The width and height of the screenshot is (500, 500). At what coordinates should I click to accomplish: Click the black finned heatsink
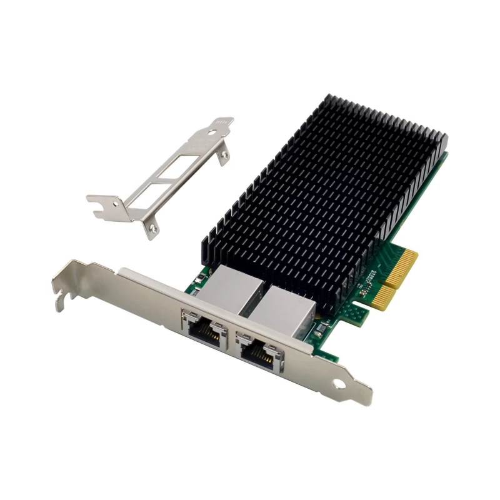(x=325, y=187)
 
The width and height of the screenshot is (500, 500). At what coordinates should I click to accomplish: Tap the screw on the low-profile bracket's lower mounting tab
(x=147, y=232)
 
